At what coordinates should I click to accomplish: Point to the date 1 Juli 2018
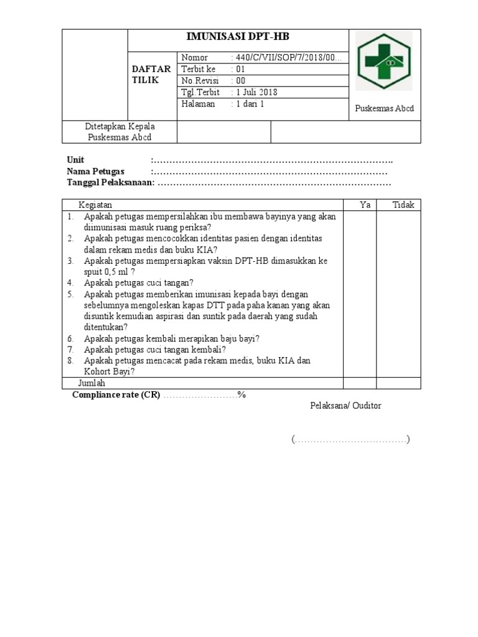255,93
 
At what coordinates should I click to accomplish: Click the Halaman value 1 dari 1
249,105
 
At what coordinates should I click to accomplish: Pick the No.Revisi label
197,81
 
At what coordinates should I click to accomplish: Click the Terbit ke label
198,69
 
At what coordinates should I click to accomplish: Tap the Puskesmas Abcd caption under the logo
384,109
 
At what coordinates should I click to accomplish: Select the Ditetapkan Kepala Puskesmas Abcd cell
120,132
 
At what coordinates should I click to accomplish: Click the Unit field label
75,160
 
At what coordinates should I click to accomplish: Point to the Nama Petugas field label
95,172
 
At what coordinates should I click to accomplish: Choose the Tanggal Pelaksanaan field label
110,183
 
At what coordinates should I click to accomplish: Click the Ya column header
365,205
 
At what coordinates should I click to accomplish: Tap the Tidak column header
403,205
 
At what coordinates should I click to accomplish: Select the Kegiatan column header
95,205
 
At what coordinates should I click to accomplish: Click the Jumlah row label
91,383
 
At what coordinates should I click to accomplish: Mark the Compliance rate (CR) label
116,395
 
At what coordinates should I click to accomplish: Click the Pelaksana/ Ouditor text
346,406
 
